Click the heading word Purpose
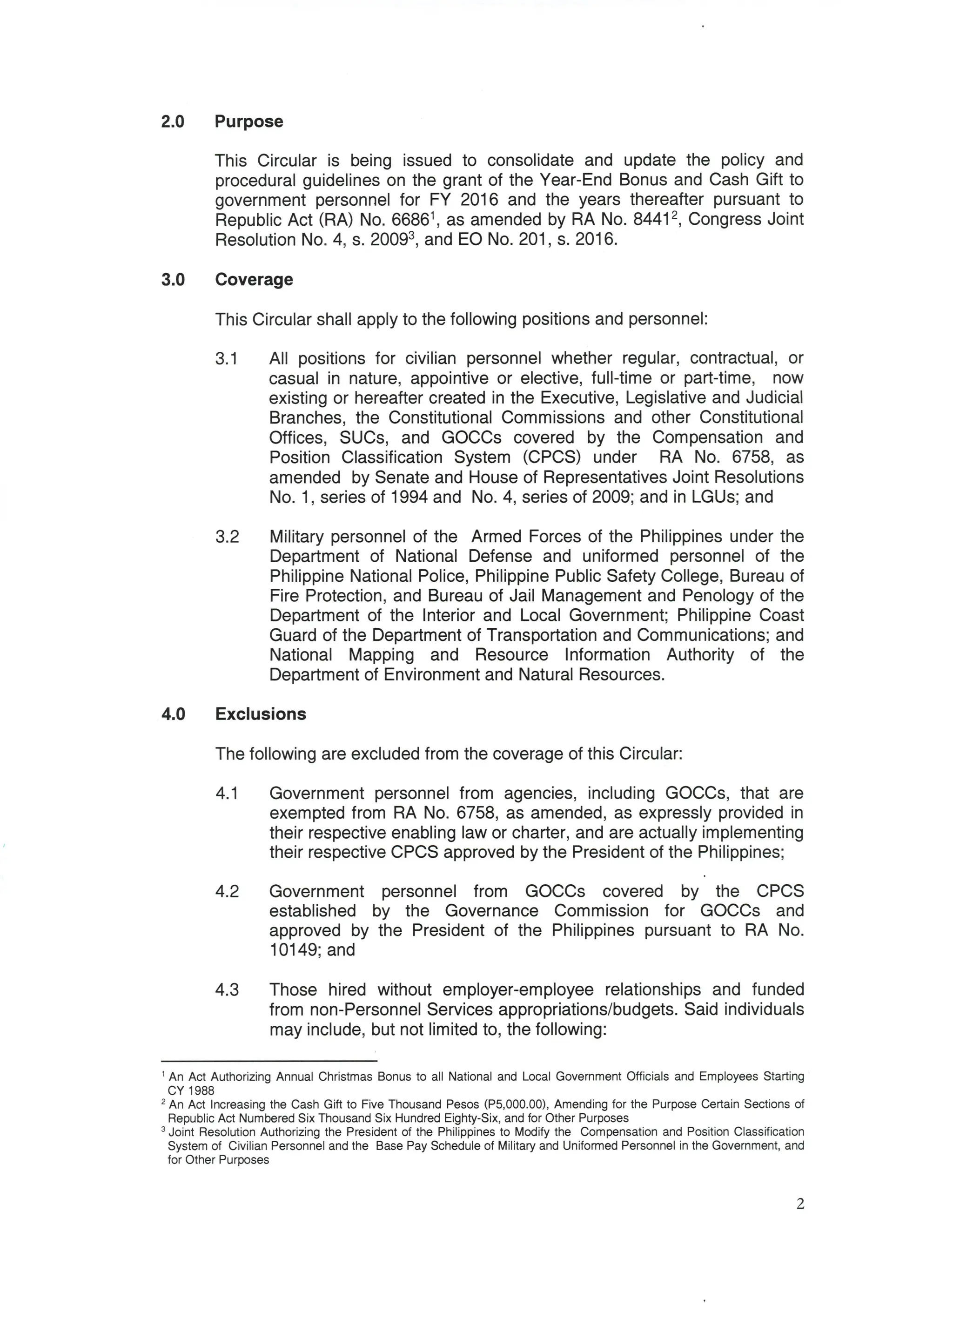pos(249,121)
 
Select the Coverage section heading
pos(254,279)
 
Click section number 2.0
pos(173,121)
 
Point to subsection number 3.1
pos(227,358)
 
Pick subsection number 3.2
pos(227,537)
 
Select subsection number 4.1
pos(227,794)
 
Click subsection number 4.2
pos(227,891)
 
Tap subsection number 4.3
pos(227,990)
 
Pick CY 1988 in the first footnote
pos(191,1091)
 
